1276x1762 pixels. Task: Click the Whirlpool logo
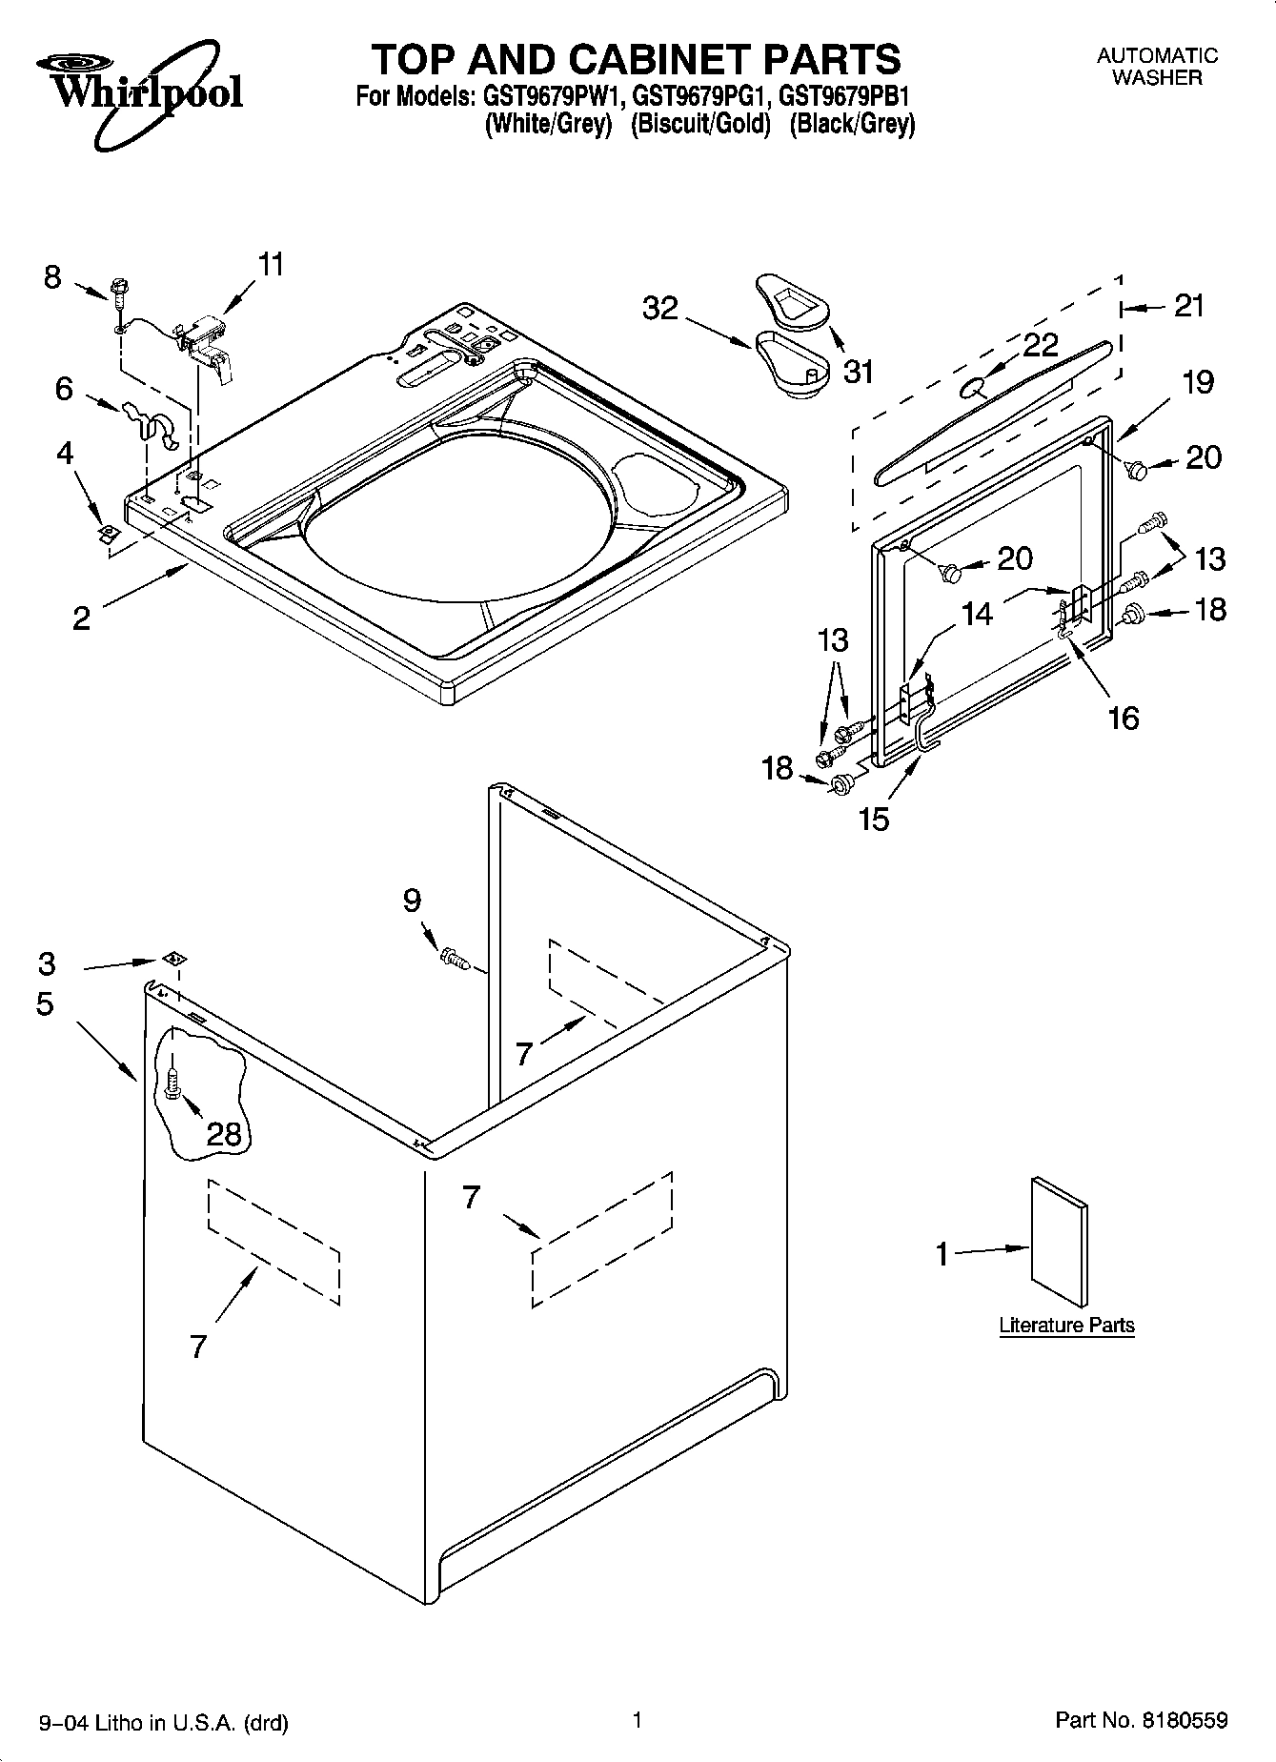(139, 84)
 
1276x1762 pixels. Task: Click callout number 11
(271, 264)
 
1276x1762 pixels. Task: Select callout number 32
(659, 308)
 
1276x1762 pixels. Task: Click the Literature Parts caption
(1065, 1325)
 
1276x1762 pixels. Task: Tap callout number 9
(412, 900)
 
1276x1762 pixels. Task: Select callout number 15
(873, 818)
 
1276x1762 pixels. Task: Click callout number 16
(1124, 717)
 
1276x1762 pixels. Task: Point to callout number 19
(1197, 382)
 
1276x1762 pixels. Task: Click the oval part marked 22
(973, 386)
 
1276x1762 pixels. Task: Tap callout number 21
(1188, 306)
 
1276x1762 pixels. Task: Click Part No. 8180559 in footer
(1141, 1720)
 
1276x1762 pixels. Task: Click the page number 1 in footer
(637, 1719)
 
